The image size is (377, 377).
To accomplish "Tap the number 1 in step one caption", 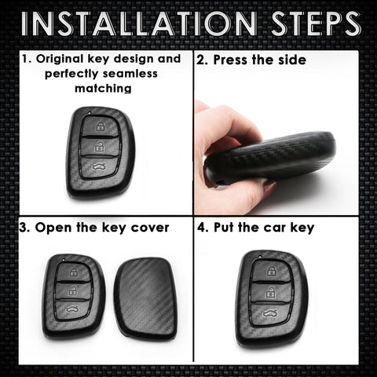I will (x=25, y=60).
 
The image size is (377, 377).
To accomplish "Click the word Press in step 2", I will (x=233, y=60).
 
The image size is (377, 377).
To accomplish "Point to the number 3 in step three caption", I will (x=25, y=228).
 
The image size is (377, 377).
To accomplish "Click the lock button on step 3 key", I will (x=73, y=273).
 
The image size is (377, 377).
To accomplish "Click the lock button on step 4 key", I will (x=269, y=271).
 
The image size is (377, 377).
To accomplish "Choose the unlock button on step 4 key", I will (x=269, y=291).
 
